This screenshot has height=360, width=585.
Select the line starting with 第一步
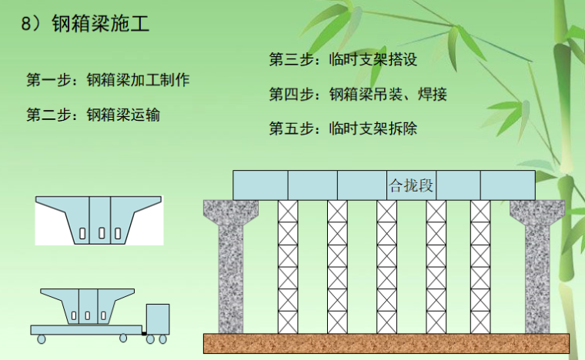point(108,80)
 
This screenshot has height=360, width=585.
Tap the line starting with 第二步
point(93,115)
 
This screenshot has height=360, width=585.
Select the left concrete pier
point(230,265)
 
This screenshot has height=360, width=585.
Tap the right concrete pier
point(537,265)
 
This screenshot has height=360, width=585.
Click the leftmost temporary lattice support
point(288,265)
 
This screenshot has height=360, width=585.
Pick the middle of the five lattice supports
point(386,265)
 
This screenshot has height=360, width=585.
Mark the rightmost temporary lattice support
point(480,265)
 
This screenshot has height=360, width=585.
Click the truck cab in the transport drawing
point(157,318)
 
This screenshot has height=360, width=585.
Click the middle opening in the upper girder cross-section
point(101,232)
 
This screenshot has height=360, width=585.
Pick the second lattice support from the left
point(337,265)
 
